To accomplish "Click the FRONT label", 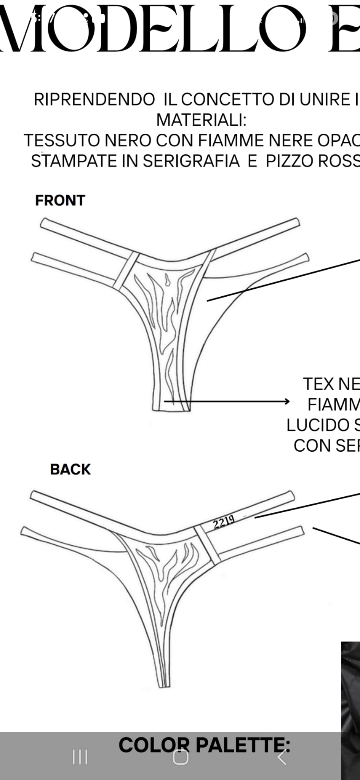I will coord(60,200).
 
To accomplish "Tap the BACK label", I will coord(70,469).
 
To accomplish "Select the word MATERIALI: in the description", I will coord(202,120).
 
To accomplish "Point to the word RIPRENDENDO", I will coord(94,99).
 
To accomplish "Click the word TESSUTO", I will coord(62,141).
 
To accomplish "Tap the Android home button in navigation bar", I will coord(181,757).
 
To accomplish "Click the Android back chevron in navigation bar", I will coord(282,757).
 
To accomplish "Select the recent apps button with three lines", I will coord(80,757).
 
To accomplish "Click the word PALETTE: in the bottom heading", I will coord(243,745).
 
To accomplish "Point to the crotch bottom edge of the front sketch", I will coord(171,410).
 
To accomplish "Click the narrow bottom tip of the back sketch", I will coord(164,686).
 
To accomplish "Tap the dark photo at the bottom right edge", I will coord(350,705).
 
